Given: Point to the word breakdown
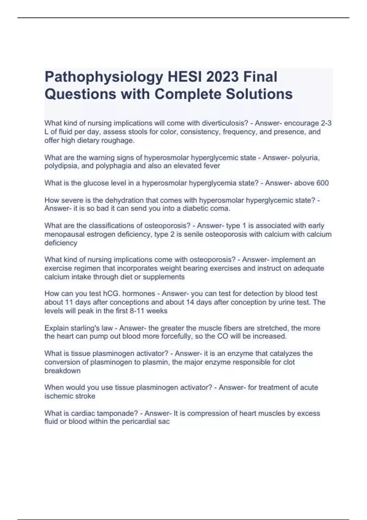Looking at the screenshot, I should click(62, 371).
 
